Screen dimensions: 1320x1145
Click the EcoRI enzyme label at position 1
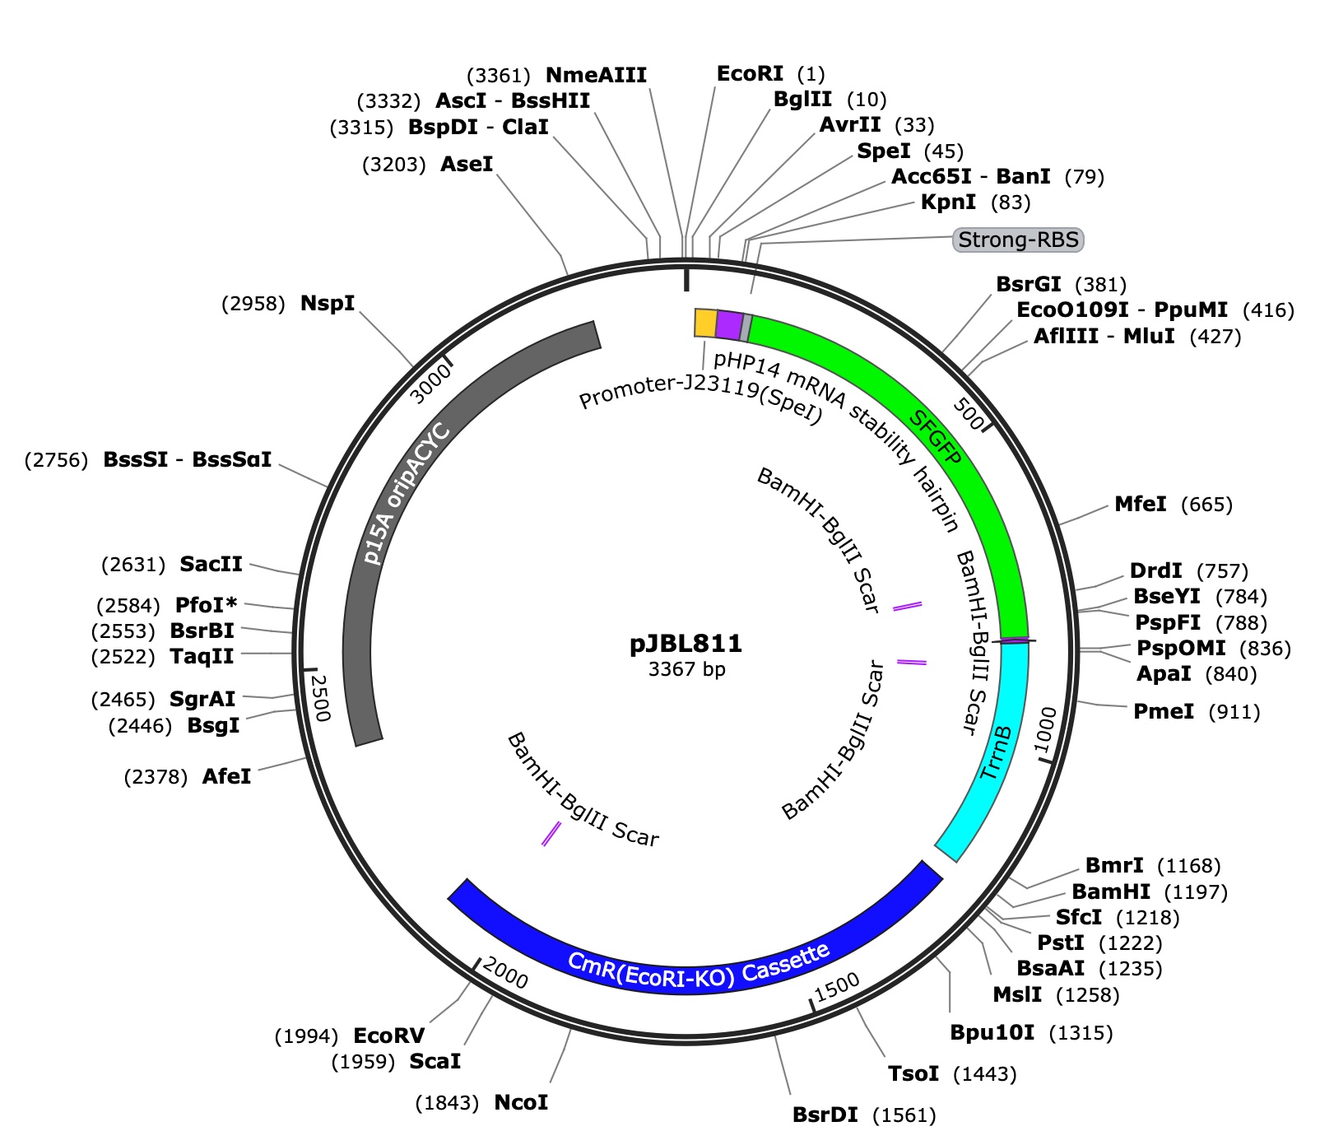pyautogui.click(x=750, y=74)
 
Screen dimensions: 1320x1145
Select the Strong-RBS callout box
pyautogui.click(x=1018, y=240)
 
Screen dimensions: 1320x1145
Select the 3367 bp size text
pyautogui.click(x=686, y=669)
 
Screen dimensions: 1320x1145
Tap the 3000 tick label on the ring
pyautogui.click(x=431, y=384)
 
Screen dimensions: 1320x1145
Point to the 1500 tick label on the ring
pyautogui.click(x=837, y=986)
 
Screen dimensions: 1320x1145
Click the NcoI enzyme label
pyautogui.click(x=521, y=1102)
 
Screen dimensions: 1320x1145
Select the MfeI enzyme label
pyautogui.click(x=1140, y=504)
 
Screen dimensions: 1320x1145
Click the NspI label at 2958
pyautogui.click(x=328, y=303)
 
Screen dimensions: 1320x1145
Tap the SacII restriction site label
pyautogui.click(x=211, y=564)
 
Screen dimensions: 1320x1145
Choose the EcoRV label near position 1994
pyautogui.click(x=388, y=1036)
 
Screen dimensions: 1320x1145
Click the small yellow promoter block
pyautogui.click(x=705, y=323)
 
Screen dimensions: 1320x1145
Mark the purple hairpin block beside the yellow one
pyautogui.click(x=730, y=325)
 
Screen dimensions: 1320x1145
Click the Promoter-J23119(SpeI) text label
pyautogui.click(x=701, y=399)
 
